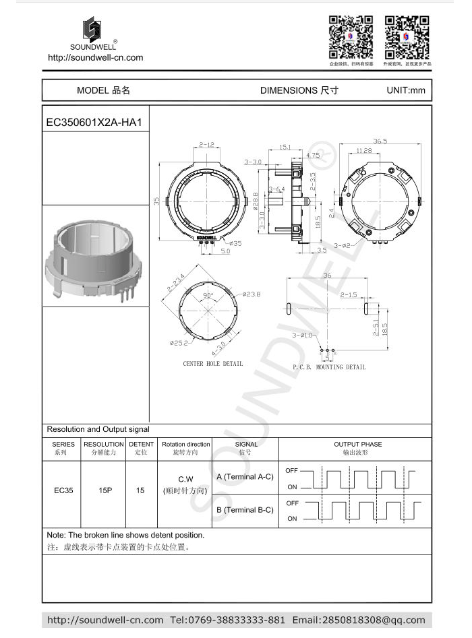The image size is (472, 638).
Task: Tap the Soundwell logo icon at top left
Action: click(x=92, y=30)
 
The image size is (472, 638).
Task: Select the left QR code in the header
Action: click(x=351, y=38)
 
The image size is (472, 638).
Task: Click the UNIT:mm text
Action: click(x=405, y=90)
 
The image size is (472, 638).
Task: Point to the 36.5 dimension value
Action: click(x=380, y=141)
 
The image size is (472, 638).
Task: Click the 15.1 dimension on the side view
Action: click(x=285, y=146)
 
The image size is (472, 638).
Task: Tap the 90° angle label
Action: click(x=208, y=296)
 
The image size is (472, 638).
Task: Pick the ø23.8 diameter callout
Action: click(x=252, y=294)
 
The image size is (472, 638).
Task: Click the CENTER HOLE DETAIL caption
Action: click(x=213, y=364)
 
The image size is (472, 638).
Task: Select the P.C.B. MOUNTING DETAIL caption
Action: click(x=329, y=367)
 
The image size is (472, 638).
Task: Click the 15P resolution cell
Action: click(x=105, y=490)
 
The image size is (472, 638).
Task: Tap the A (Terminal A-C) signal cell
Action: click(x=244, y=476)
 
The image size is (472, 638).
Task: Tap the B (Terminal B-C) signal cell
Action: click(x=244, y=510)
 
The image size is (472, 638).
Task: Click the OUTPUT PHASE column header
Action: click(x=357, y=445)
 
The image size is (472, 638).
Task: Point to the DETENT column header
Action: click(x=141, y=445)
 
